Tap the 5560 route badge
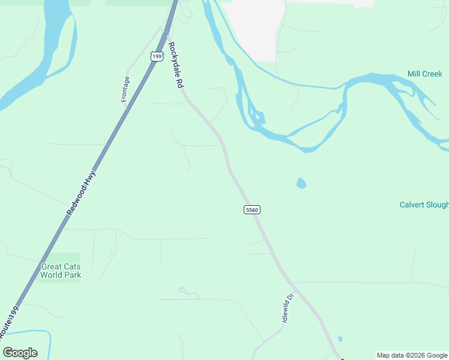[252, 209]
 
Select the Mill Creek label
[424, 74]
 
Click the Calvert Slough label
[424, 205]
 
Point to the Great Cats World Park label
[60, 271]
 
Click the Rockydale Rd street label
[175, 65]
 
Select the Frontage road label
[125, 89]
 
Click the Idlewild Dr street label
[288, 308]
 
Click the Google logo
[20, 353]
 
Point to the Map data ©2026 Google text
[412, 355]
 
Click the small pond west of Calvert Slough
[301, 183]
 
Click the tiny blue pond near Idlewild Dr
[340, 339]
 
